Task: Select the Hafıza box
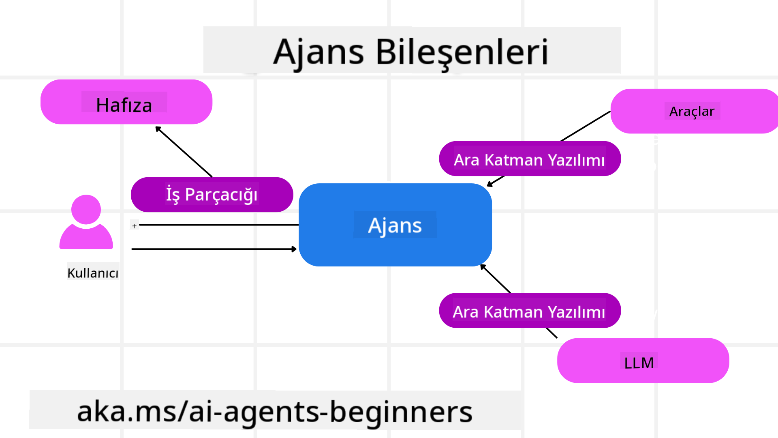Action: point(126,102)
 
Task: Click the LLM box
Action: point(643,361)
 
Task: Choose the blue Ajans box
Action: point(395,225)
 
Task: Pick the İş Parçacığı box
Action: point(212,195)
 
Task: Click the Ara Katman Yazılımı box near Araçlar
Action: point(530,159)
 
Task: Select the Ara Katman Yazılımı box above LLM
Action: point(530,311)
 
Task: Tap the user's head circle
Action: point(86,209)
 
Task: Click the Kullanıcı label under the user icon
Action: point(93,273)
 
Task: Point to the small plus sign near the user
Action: point(135,226)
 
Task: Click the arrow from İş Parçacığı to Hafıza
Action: point(184,152)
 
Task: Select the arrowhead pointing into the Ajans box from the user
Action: point(294,249)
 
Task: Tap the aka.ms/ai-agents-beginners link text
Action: point(275,411)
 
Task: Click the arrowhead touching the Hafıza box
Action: point(158,129)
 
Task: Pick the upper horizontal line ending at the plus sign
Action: point(219,225)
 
